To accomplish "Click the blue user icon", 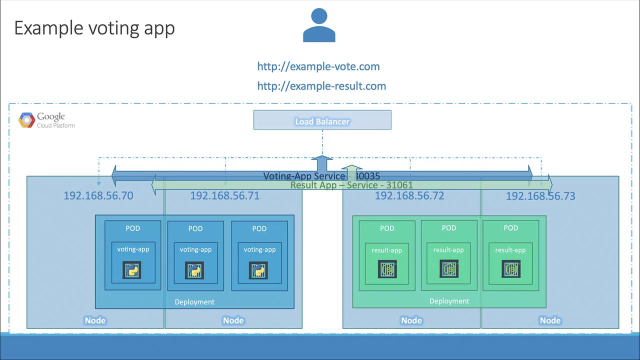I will click(x=319, y=25).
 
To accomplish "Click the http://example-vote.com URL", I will click(x=318, y=66).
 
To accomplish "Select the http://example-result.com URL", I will click(x=321, y=86).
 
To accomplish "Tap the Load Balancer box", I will click(x=322, y=120).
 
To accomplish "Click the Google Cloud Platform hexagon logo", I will click(x=26, y=120).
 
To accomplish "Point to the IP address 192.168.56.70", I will click(x=98, y=195).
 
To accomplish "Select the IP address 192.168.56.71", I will click(x=224, y=195).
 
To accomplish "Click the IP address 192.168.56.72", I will click(x=409, y=195).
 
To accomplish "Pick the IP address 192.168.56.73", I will click(x=540, y=196).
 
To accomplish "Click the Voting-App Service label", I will click(x=304, y=176).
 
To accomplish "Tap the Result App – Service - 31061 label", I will click(x=351, y=185).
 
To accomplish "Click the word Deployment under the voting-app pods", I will click(x=194, y=302).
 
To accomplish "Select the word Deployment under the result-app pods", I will click(x=449, y=301).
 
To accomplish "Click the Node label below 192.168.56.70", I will click(x=95, y=320).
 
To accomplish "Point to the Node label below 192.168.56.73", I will click(x=550, y=320).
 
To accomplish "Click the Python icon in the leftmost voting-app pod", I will click(x=132, y=270).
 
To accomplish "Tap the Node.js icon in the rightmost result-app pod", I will click(x=511, y=269).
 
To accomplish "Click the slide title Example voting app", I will click(x=94, y=28).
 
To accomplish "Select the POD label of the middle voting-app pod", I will click(x=195, y=228).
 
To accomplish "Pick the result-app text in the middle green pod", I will click(x=448, y=250).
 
